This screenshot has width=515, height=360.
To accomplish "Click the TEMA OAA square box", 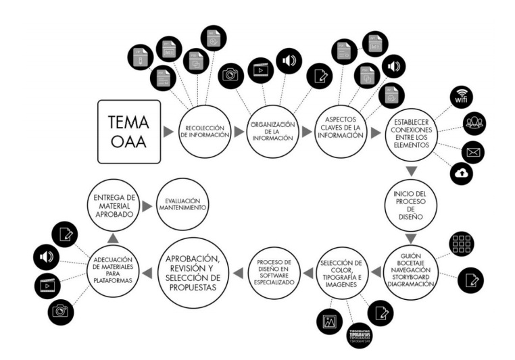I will pyautogui.click(x=129, y=132).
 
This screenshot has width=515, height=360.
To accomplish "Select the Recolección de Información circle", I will pyautogui.click(x=203, y=132).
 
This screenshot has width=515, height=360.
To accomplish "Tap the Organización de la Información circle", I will pyautogui.click(x=272, y=132).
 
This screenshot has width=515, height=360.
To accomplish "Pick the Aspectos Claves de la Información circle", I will pyautogui.click(x=341, y=132).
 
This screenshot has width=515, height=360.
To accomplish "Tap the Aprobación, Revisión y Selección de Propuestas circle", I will pyautogui.click(x=195, y=272).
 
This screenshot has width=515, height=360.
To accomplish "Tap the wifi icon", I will pyautogui.click(x=462, y=96).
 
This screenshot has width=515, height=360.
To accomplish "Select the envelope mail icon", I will pyautogui.click(x=472, y=152).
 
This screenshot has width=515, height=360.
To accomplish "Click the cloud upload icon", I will pyautogui.click(x=462, y=174).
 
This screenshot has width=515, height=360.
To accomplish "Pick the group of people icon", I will pyautogui.click(x=474, y=122).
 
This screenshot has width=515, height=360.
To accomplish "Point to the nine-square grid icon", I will pyautogui.click(x=462, y=245).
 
